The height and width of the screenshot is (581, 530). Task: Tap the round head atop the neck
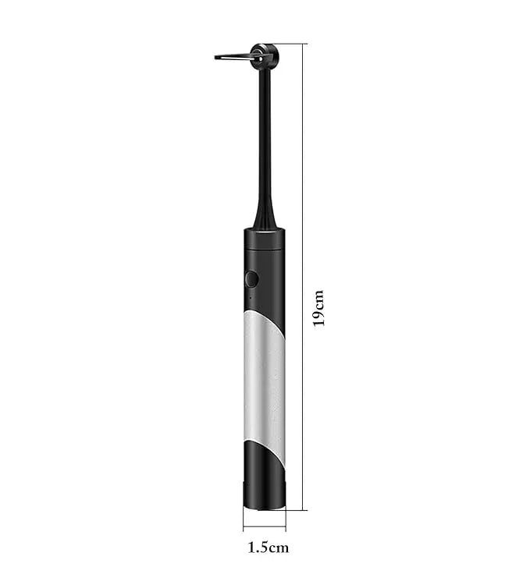(266, 55)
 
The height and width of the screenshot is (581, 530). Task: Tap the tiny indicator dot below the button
(248, 297)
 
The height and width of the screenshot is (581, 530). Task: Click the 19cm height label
(318, 307)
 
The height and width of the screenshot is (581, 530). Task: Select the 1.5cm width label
(268, 547)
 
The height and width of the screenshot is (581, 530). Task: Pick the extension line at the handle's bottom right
(297, 510)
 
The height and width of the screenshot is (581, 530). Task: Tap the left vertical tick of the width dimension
(243, 521)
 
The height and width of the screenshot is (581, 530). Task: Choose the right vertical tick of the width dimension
(285, 521)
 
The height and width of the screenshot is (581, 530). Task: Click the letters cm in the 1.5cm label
(279, 547)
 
